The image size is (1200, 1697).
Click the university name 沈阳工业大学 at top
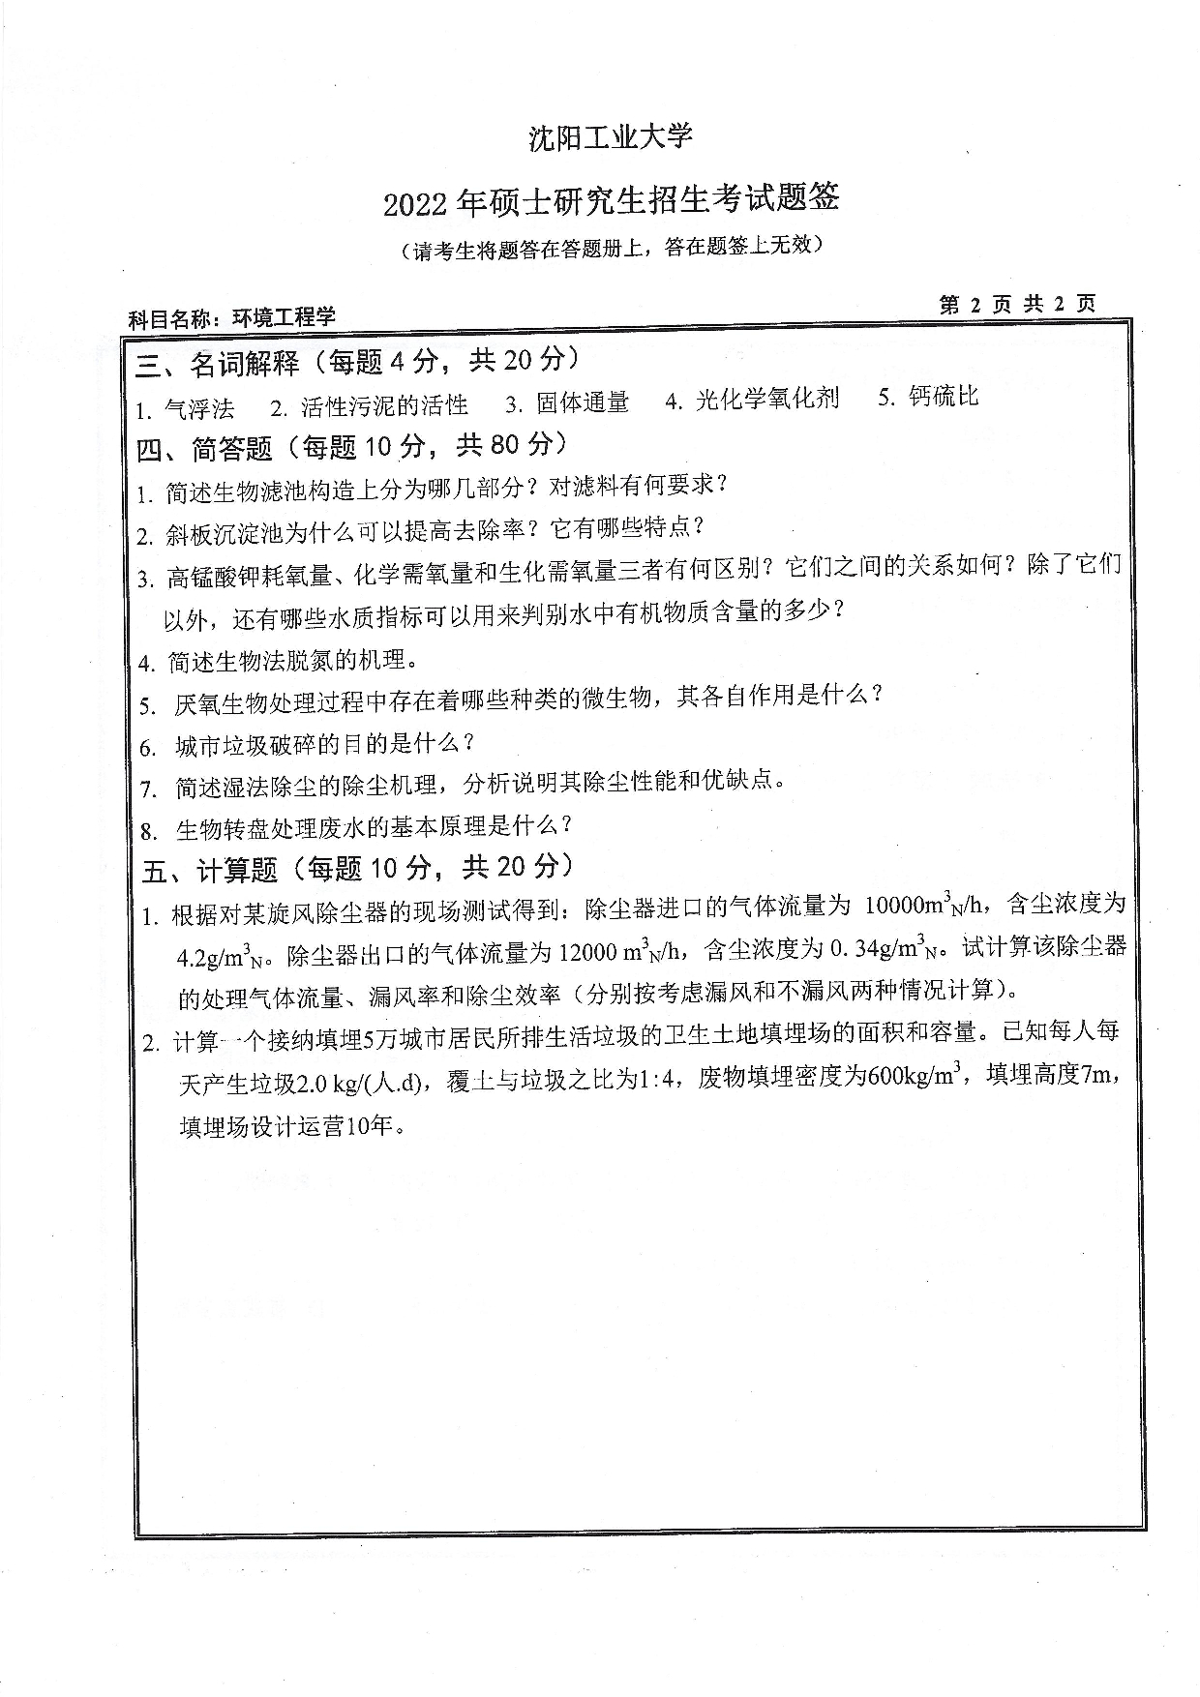point(611,137)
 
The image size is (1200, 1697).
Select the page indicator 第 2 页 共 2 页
point(1017,304)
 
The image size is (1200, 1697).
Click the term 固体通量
point(583,402)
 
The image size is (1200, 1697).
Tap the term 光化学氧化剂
point(767,400)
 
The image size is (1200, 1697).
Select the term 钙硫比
point(944,396)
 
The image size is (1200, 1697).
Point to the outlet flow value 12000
point(587,952)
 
